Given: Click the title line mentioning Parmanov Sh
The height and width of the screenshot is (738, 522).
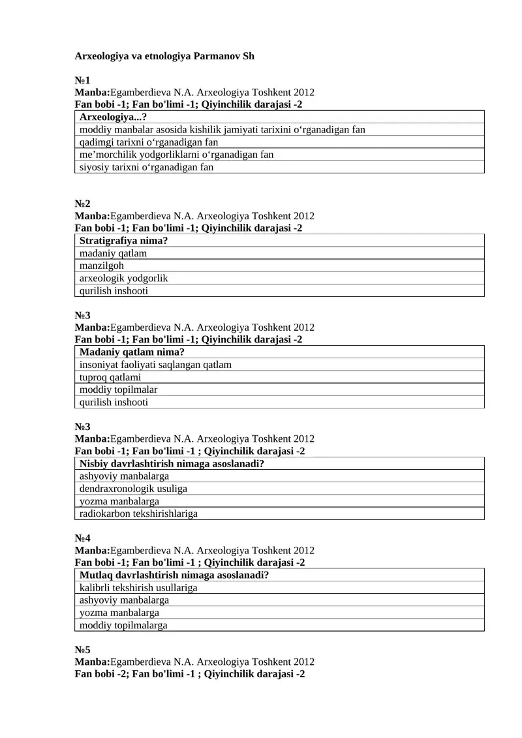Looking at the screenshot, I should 164,56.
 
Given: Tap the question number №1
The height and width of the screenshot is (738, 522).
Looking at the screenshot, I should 82,81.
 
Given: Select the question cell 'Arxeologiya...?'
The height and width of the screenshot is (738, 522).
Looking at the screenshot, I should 118,117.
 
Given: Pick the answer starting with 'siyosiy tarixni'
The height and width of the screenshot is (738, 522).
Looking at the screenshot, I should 146,167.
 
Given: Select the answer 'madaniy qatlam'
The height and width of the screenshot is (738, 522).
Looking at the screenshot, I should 113,253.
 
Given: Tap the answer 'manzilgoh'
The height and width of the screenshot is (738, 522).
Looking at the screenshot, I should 101,266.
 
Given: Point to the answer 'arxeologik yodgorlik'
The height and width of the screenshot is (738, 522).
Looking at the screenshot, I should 123,278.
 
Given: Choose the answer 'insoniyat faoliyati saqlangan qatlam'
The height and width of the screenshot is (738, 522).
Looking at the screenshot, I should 155,365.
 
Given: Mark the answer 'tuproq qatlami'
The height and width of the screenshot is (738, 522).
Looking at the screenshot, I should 110,377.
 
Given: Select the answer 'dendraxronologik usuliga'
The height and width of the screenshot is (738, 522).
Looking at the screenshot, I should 133,489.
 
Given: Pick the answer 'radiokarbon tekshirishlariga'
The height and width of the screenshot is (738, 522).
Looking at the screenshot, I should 138,514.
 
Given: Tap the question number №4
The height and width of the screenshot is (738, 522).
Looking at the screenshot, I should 82,538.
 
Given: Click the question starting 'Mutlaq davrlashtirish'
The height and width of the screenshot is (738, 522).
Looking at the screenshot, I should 174,576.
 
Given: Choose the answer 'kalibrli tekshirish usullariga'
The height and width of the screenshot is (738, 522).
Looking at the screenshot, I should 138,588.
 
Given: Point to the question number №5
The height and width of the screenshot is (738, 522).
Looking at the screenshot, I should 82,650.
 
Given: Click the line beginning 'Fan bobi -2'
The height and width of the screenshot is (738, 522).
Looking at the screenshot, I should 190,674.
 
